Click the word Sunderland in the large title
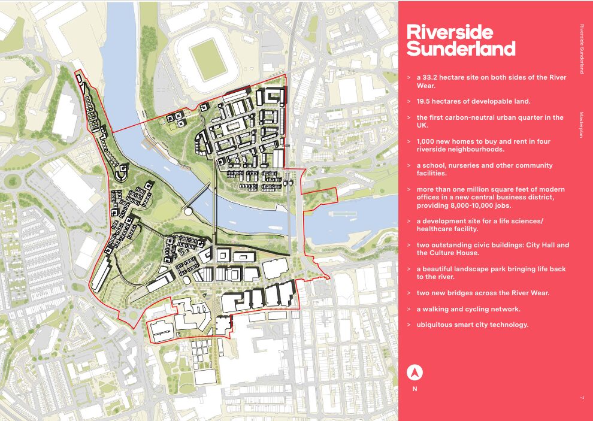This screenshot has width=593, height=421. click(x=461, y=49)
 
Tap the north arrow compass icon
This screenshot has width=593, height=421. click(x=415, y=372)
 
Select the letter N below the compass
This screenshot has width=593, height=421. click(x=415, y=389)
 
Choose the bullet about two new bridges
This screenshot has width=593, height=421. click(x=483, y=293)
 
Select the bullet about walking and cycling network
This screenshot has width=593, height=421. click(x=468, y=309)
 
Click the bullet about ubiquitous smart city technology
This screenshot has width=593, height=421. click(x=473, y=325)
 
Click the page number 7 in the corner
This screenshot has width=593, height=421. click(x=581, y=398)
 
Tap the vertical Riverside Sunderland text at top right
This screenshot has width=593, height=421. click(x=581, y=49)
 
